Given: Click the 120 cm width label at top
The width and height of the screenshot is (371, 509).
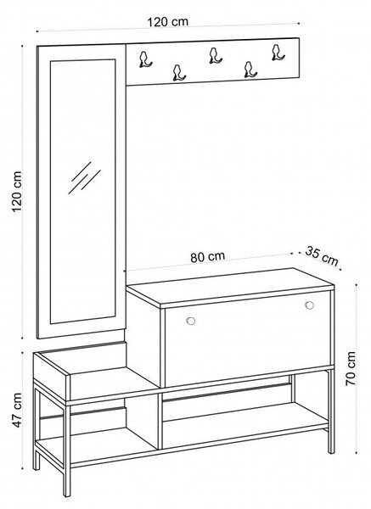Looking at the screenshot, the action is (x=167, y=22).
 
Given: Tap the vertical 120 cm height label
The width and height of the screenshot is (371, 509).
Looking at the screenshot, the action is (x=17, y=192).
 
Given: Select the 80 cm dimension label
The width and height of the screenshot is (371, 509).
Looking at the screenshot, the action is (x=207, y=256).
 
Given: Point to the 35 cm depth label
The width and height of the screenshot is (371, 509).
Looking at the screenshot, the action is (x=322, y=256).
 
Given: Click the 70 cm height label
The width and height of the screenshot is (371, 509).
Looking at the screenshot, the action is (x=351, y=368).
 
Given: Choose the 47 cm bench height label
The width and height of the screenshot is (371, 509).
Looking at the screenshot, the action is (x=16, y=411).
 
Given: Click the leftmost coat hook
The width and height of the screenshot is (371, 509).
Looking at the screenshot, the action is (x=144, y=59).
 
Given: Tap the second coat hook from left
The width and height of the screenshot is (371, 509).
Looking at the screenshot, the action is (x=178, y=73).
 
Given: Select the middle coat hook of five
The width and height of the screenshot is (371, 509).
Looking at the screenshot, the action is (x=215, y=55).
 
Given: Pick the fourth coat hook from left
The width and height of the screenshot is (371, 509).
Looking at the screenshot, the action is (x=250, y=70).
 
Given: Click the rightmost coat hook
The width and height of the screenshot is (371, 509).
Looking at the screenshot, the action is (x=278, y=53).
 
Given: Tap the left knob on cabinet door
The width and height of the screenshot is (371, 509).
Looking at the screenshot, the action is (x=191, y=321).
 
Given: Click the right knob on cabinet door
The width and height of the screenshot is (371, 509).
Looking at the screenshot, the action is (x=310, y=305).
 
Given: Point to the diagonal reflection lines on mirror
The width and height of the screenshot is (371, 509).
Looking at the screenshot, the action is (x=84, y=178).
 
